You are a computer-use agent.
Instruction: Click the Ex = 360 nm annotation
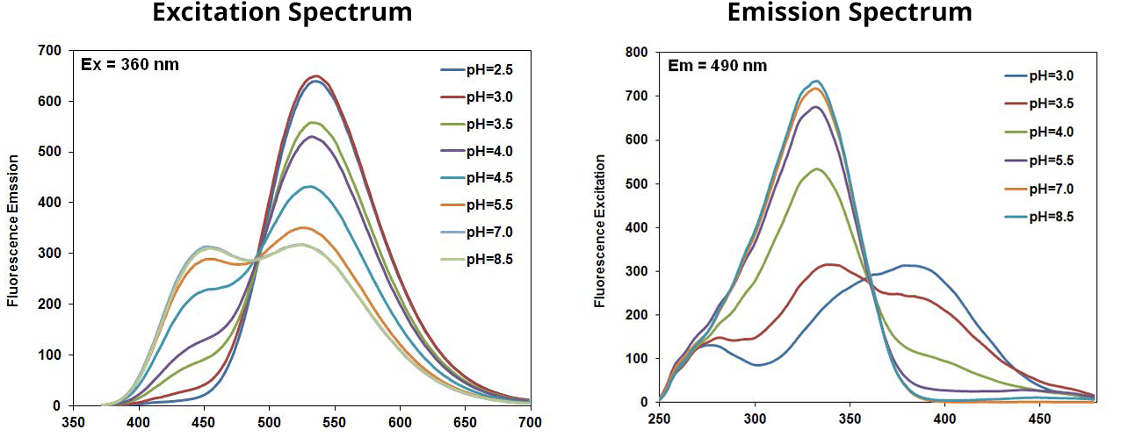point(130,64)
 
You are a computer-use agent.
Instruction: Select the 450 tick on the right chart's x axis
point(1039,419)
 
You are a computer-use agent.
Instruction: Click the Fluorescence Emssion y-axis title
point(13,231)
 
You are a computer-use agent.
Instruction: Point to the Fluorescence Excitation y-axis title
point(601,231)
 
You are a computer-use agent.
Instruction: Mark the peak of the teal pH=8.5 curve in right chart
point(816,82)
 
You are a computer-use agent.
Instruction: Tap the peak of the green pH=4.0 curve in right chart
point(818,169)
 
